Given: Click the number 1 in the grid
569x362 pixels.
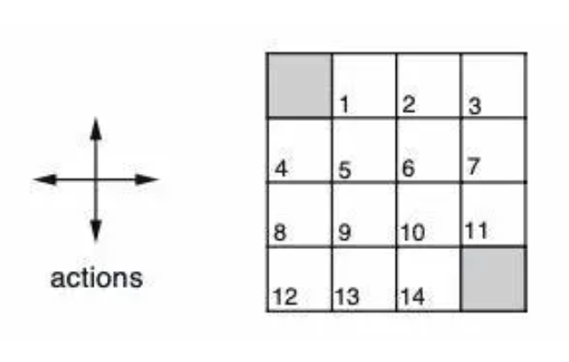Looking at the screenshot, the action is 345,106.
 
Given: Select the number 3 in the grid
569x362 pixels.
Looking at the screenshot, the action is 474,108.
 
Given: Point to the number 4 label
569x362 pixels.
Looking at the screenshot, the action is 281,168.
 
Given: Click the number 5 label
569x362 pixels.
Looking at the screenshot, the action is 345,170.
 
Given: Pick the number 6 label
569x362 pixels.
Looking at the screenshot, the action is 408,169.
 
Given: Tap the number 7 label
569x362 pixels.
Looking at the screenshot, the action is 474,166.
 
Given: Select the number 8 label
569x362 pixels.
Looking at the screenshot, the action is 281,234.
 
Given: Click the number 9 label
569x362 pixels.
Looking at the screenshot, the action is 345,234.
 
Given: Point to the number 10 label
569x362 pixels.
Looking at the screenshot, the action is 413,234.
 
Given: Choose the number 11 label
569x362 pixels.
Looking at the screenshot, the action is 476,231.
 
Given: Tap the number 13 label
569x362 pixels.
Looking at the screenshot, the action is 347,297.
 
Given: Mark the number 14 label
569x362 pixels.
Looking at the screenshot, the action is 412,297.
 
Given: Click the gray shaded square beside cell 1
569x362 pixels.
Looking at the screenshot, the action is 300,86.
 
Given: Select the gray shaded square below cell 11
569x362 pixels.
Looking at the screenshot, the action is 493,279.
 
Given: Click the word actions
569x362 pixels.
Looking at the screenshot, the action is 96,278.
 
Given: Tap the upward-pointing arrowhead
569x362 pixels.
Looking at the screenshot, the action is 96,127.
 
